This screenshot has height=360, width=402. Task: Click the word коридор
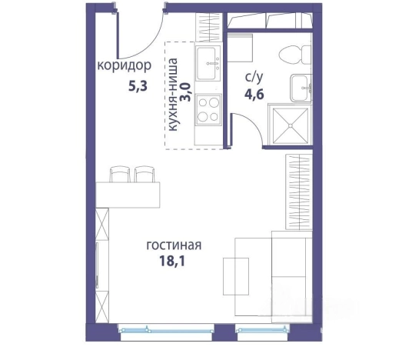pyautogui.click(x=124, y=65)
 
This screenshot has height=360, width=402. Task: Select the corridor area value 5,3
pyautogui.click(x=136, y=85)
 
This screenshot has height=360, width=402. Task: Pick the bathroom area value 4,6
pyautogui.click(x=254, y=95)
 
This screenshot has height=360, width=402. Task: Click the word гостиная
pyautogui.click(x=174, y=246)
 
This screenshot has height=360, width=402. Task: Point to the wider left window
pyautogui.click(x=165, y=328)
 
